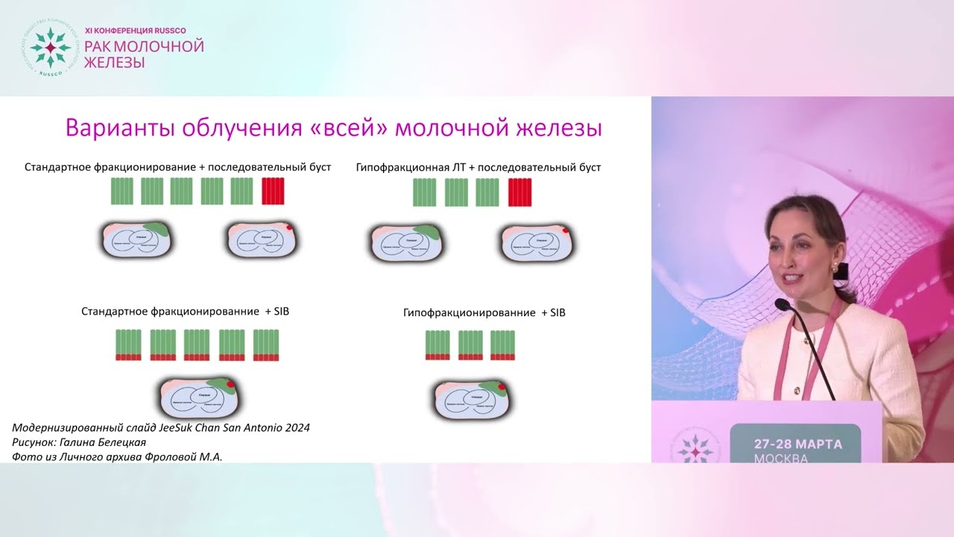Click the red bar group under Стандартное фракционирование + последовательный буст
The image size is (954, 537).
(273, 192)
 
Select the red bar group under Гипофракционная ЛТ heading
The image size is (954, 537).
(519, 192)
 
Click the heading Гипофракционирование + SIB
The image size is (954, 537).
(484, 313)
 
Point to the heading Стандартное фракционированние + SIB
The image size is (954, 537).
(185, 311)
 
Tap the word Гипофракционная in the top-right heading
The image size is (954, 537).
(400, 168)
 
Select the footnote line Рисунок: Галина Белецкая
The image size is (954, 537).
(79, 442)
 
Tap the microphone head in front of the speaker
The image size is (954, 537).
(781, 304)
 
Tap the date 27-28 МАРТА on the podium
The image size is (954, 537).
(797, 444)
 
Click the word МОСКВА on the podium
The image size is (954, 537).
(781, 458)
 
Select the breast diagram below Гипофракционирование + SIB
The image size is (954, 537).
(471, 399)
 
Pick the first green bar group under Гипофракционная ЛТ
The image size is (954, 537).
(425, 192)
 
